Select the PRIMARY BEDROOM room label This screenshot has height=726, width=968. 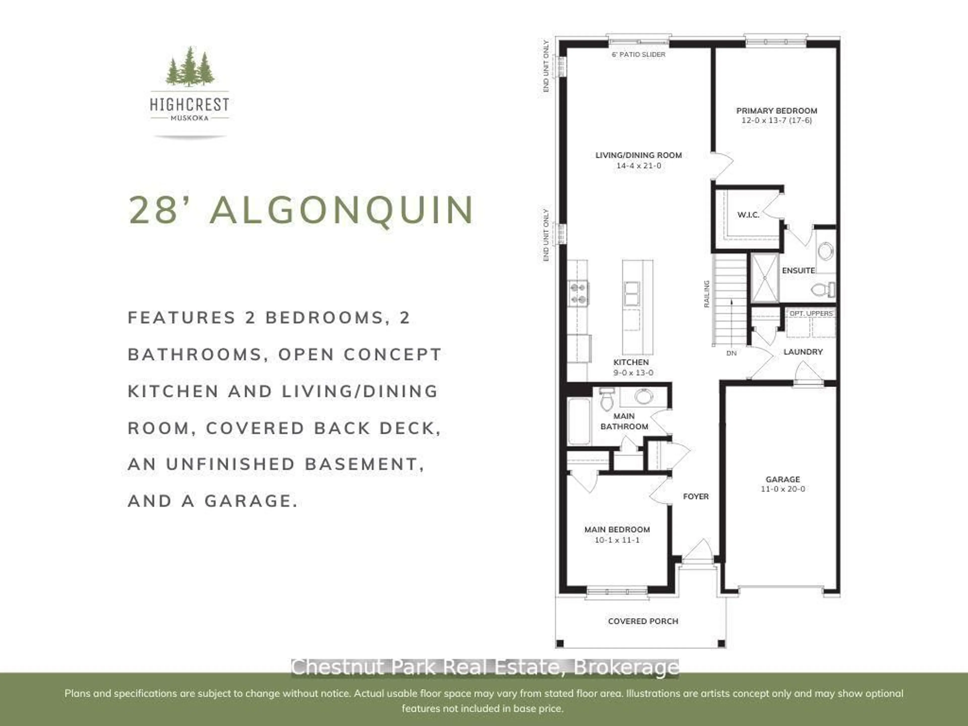tap(776, 111)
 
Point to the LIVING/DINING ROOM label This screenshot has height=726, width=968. tap(639, 155)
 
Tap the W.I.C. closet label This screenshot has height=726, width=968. tap(748, 215)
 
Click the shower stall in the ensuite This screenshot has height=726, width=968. tap(765, 278)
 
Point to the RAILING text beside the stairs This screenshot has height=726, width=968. tap(706, 294)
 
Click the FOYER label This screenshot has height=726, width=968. tap(696, 496)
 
